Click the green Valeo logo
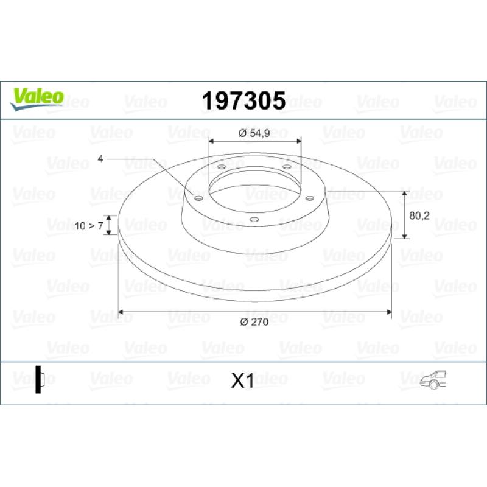(x=37, y=99)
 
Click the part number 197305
(x=244, y=100)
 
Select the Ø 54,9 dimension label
(x=254, y=133)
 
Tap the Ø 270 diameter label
(x=254, y=322)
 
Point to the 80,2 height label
(x=419, y=215)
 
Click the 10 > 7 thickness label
(x=89, y=226)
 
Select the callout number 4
(x=100, y=159)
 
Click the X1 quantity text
(x=242, y=380)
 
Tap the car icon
(x=433, y=380)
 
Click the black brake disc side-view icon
(x=40, y=379)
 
